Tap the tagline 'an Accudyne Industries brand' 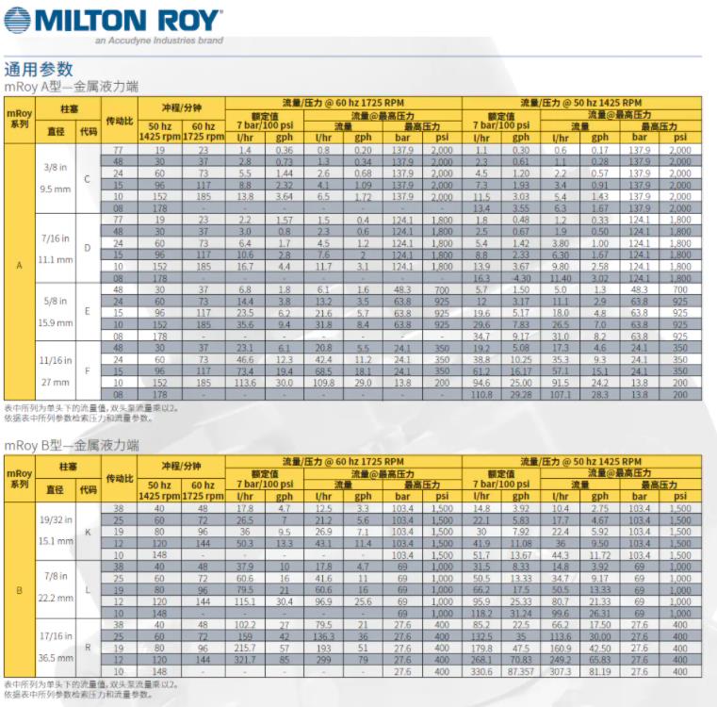point(159,41)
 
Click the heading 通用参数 point(39,69)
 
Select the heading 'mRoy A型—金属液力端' point(72,86)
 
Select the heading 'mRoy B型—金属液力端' point(72,445)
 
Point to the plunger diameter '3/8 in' point(54,166)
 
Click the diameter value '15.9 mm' point(54,321)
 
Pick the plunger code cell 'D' point(88,248)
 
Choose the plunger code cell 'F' point(88,370)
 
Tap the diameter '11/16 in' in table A point(54,359)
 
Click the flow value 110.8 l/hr point(482,394)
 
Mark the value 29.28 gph point(520,394)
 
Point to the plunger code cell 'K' point(88,532)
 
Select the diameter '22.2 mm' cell point(54,598)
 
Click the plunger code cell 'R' point(88,648)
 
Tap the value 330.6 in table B point(482,671)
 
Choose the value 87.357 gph point(520,671)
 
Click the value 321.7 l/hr point(245,660)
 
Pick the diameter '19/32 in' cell point(54,519)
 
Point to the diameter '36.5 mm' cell point(54,659)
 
